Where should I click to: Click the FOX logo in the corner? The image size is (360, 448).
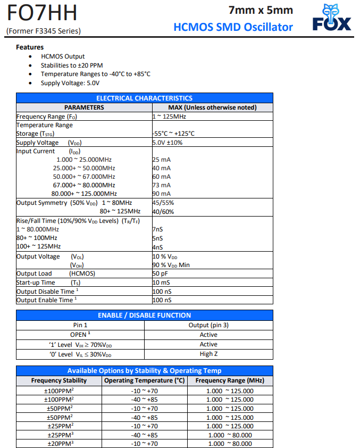[x=332, y=19]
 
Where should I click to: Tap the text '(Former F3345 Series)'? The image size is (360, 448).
[x=44, y=31]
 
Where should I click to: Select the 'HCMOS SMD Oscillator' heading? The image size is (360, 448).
[x=233, y=27]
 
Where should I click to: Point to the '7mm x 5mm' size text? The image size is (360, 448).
[x=261, y=10]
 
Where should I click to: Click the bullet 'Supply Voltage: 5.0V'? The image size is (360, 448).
[x=70, y=83]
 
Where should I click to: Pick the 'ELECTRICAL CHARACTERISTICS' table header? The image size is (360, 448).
[x=144, y=98]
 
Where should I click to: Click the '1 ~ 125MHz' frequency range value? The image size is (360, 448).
[x=169, y=117]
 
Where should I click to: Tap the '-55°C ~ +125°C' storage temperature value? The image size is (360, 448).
[x=173, y=134]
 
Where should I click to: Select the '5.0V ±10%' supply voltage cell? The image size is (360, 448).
[x=168, y=143]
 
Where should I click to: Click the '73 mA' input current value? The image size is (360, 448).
[x=162, y=185]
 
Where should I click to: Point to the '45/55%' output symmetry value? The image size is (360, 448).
[x=163, y=203]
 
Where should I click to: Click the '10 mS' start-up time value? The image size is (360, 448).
[x=162, y=283]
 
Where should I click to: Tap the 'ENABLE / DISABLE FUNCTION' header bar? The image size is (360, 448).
[x=144, y=315]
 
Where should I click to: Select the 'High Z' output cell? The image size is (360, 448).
[x=208, y=354]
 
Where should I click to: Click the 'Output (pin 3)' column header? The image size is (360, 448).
[x=208, y=325]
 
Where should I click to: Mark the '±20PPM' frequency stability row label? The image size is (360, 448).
[x=58, y=443]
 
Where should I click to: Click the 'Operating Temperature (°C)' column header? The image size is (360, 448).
[x=144, y=380]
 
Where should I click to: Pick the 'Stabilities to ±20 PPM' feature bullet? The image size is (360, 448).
[x=72, y=65]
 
